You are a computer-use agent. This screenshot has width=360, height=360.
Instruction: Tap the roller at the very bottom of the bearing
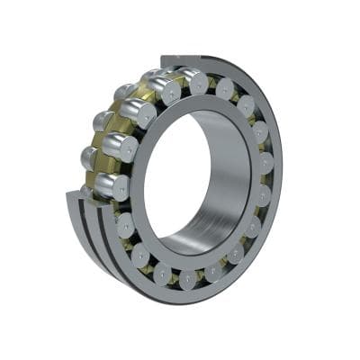click(186, 279)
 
